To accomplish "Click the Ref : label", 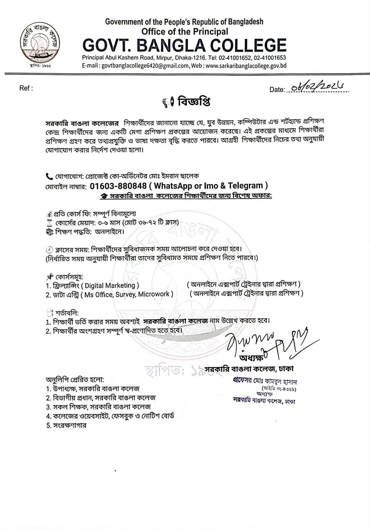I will (x=26, y=88).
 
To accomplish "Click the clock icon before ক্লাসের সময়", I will (x=49, y=250).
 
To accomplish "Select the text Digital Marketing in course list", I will (x=110, y=285).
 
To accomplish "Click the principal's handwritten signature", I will (x=267, y=342).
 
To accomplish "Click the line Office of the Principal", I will (x=184, y=32).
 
